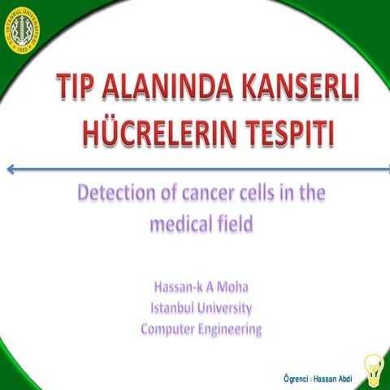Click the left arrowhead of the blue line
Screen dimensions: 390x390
tap(9, 169)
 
